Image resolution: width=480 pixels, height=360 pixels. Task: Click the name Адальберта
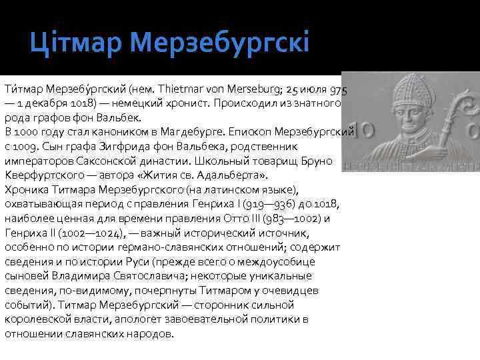(x=229, y=175)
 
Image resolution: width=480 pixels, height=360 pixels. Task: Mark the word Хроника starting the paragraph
(x=25, y=189)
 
